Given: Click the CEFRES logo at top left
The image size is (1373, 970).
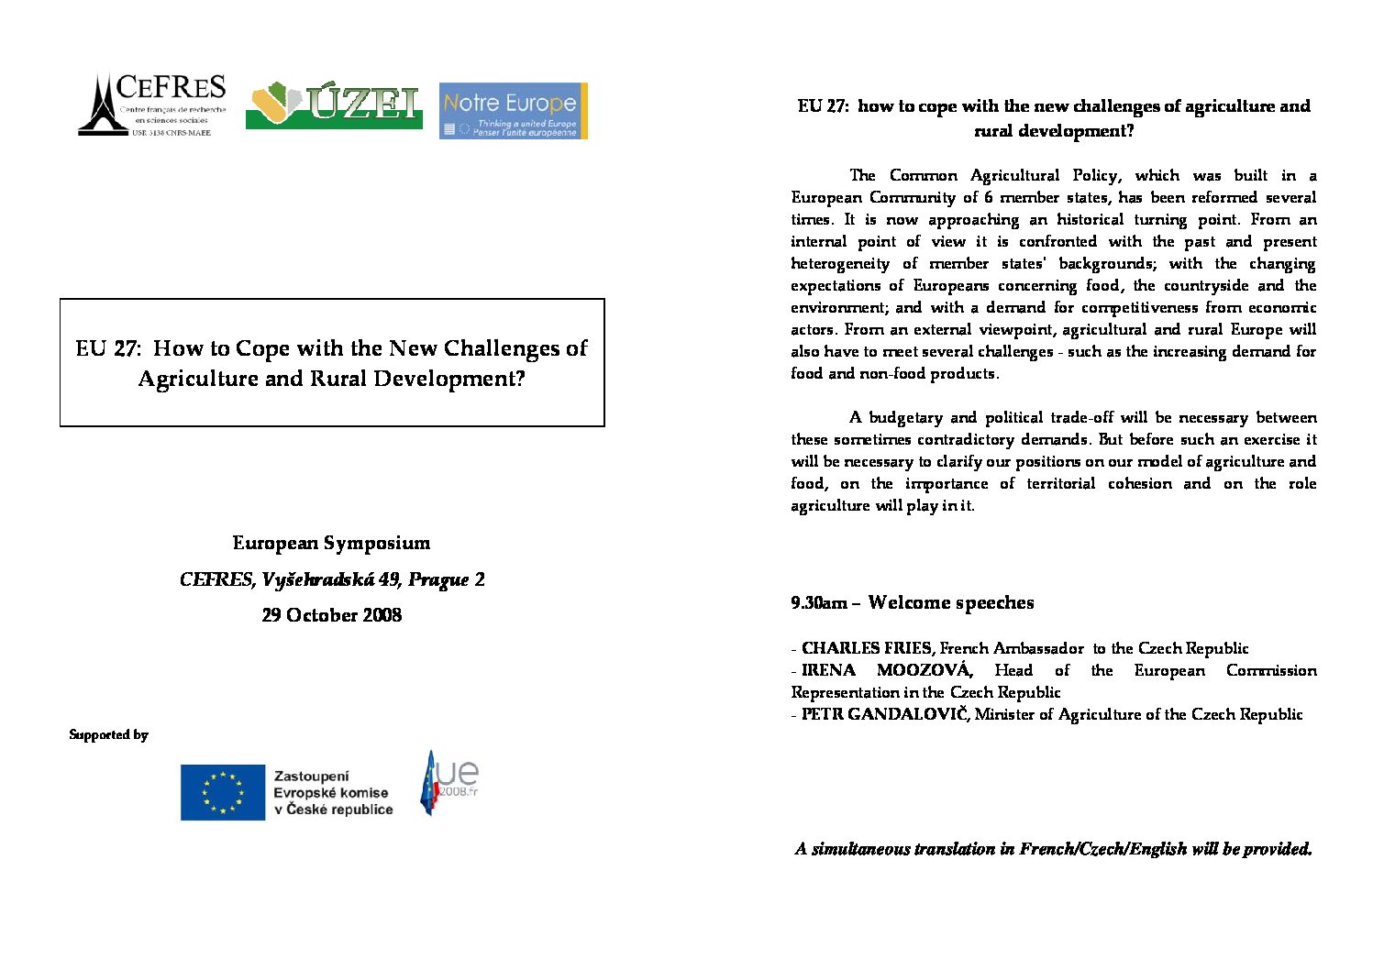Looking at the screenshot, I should tap(152, 105).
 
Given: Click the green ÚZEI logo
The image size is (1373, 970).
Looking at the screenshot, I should tap(334, 105).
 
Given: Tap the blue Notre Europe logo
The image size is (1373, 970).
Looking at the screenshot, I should tap(513, 111).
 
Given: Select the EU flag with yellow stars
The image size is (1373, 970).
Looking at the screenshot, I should tap(222, 792).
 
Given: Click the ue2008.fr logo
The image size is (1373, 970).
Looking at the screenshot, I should tap(448, 783).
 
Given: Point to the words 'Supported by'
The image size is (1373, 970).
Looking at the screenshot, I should tap(108, 734).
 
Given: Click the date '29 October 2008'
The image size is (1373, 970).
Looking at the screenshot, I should tap(331, 615).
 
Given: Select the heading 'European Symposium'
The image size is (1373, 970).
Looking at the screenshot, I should tap(331, 543).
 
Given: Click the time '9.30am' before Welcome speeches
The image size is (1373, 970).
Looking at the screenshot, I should tap(819, 603).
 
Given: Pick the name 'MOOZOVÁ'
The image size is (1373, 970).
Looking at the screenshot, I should tap(924, 670).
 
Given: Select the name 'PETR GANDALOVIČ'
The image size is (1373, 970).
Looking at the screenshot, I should tap(884, 714).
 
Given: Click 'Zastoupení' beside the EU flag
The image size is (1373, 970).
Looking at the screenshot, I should tap(311, 777).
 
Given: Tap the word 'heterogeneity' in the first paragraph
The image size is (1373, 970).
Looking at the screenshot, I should tap(840, 264).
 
